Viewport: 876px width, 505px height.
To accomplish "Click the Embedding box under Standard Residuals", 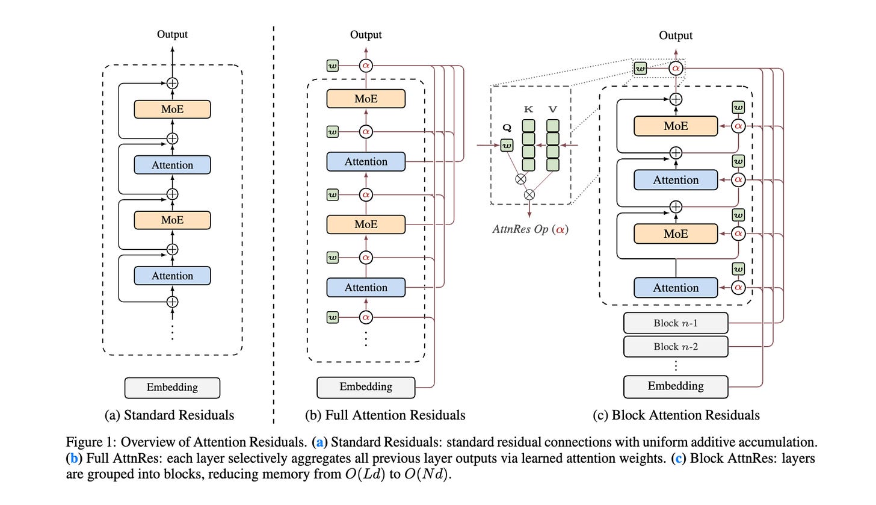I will click(x=172, y=388).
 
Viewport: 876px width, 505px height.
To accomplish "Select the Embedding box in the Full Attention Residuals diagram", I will click(x=366, y=387).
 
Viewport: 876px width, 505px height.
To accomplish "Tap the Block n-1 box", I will click(x=676, y=323).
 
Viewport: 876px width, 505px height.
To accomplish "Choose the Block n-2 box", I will click(x=676, y=347).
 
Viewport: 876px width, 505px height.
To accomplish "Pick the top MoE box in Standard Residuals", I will click(x=172, y=110).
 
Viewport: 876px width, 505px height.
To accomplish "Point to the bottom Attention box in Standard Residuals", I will click(x=172, y=276).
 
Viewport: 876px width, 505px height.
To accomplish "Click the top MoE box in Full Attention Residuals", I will click(x=366, y=99).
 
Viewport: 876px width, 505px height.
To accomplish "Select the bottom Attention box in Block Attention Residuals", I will click(x=676, y=288).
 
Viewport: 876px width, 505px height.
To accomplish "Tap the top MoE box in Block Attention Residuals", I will click(x=676, y=126).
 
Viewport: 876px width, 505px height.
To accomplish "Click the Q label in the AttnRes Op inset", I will click(x=506, y=128).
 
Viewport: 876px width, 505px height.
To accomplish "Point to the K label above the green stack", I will click(x=529, y=110).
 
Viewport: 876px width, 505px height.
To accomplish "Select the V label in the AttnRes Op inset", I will click(x=552, y=110).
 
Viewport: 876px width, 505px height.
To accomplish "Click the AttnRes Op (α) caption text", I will click(x=530, y=229).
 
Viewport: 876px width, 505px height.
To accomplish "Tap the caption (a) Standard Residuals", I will click(x=169, y=415).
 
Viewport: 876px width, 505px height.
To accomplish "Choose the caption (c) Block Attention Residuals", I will click(x=676, y=415).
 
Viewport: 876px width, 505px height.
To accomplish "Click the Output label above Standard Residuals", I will click(x=172, y=34).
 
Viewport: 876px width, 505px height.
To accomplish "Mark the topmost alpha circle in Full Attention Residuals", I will click(x=366, y=65).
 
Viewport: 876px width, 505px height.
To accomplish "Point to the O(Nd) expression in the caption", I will click(x=427, y=474).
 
